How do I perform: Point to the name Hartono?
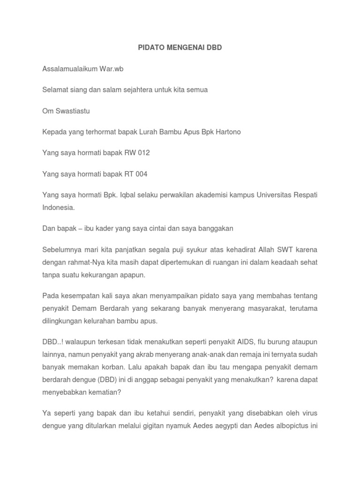pos(227,132)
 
